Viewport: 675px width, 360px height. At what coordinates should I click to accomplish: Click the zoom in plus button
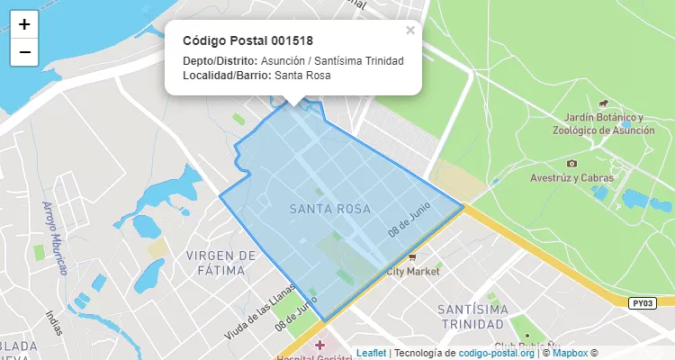click(24, 25)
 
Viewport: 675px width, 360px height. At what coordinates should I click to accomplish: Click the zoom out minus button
click(24, 52)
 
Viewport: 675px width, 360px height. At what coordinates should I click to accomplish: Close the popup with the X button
click(410, 31)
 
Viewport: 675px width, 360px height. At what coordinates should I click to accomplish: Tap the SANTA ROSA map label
click(330, 209)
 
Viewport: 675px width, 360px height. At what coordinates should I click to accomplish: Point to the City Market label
click(412, 271)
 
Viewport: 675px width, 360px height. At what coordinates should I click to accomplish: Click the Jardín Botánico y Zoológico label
click(608, 124)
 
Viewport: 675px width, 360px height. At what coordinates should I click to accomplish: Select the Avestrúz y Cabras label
click(571, 177)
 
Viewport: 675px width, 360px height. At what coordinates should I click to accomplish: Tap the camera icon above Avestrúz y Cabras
click(571, 163)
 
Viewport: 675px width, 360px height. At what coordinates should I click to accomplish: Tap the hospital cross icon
click(319, 345)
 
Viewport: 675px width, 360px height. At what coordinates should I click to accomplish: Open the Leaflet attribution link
click(371, 353)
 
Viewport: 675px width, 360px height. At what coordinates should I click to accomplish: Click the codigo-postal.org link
click(497, 353)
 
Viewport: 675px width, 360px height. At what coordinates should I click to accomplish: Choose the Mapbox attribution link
click(570, 353)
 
